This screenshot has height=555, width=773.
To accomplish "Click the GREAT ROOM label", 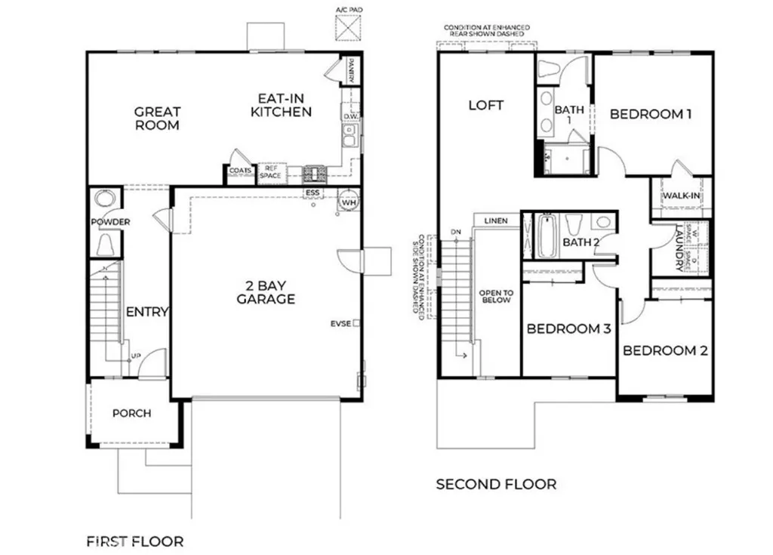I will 157,119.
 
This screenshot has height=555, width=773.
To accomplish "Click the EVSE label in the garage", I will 340,323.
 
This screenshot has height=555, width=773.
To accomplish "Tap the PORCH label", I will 131,413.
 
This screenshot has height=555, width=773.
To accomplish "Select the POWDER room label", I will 110,222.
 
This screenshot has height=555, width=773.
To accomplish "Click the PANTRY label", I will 351,71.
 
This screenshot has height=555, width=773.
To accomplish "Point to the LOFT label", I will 486,105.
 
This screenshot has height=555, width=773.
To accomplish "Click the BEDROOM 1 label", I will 651,114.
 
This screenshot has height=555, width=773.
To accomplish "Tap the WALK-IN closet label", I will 681,196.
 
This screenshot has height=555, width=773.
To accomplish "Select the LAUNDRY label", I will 679,247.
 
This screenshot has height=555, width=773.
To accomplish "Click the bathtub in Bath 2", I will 547,236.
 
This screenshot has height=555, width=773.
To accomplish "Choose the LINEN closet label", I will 496,220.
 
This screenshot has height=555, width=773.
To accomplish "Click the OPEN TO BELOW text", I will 496,296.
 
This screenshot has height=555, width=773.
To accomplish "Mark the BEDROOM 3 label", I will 568,329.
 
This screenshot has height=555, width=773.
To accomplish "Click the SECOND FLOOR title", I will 496,483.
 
